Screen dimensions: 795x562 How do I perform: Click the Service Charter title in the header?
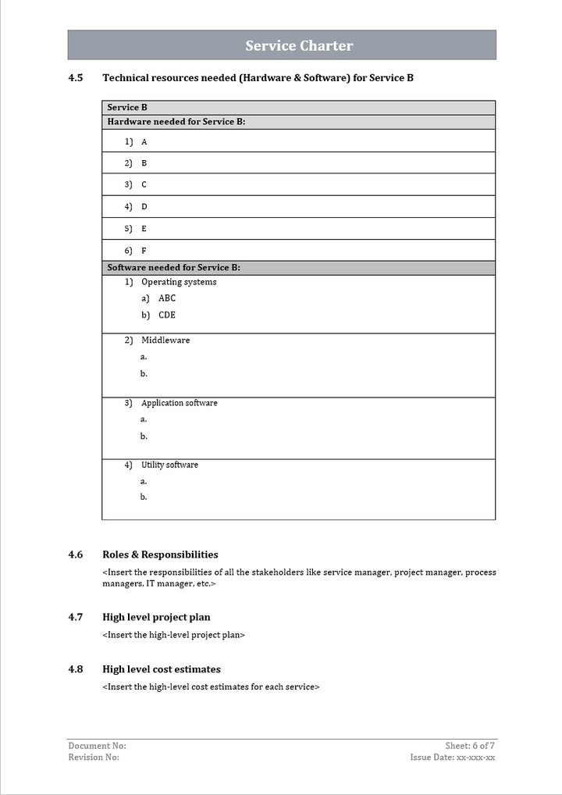pyautogui.click(x=299, y=46)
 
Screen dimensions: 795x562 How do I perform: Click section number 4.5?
pyautogui.click(x=76, y=78)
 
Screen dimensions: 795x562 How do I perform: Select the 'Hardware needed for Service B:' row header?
pyautogui.click(x=176, y=122)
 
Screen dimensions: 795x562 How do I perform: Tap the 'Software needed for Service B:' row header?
pyautogui.click(x=173, y=267)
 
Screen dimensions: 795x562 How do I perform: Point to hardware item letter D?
pyautogui.click(x=144, y=207)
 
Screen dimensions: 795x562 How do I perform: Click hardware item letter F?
pyautogui.click(x=144, y=251)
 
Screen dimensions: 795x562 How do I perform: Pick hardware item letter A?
pyautogui.click(x=144, y=142)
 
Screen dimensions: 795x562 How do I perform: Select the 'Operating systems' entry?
pyautogui.click(x=179, y=282)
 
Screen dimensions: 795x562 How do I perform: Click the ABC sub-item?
pyautogui.click(x=167, y=298)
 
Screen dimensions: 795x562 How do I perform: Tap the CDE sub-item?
pyautogui.click(x=167, y=316)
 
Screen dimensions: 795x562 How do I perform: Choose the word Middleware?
pyautogui.click(x=165, y=340)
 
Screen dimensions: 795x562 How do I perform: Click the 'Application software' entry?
pyautogui.click(x=180, y=403)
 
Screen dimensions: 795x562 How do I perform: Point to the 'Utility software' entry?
pyautogui.click(x=169, y=465)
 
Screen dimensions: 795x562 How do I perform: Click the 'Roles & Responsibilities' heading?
pyautogui.click(x=160, y=554)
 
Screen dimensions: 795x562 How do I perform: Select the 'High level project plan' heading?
pyautogui.click(x=156, y=617)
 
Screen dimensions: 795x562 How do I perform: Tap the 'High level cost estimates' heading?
pyautogui.click(x=162, y=669)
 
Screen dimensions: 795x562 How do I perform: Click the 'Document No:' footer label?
pyautogui.click(x=97, y=746)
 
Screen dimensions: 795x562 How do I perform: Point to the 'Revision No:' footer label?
pyautogui.click(x=94, y=758)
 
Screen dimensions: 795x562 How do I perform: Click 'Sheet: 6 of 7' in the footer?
pyautogui.click(x=470, y=746)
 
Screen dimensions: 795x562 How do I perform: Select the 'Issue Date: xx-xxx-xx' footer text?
pyautogui.click(x=453, y=758)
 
